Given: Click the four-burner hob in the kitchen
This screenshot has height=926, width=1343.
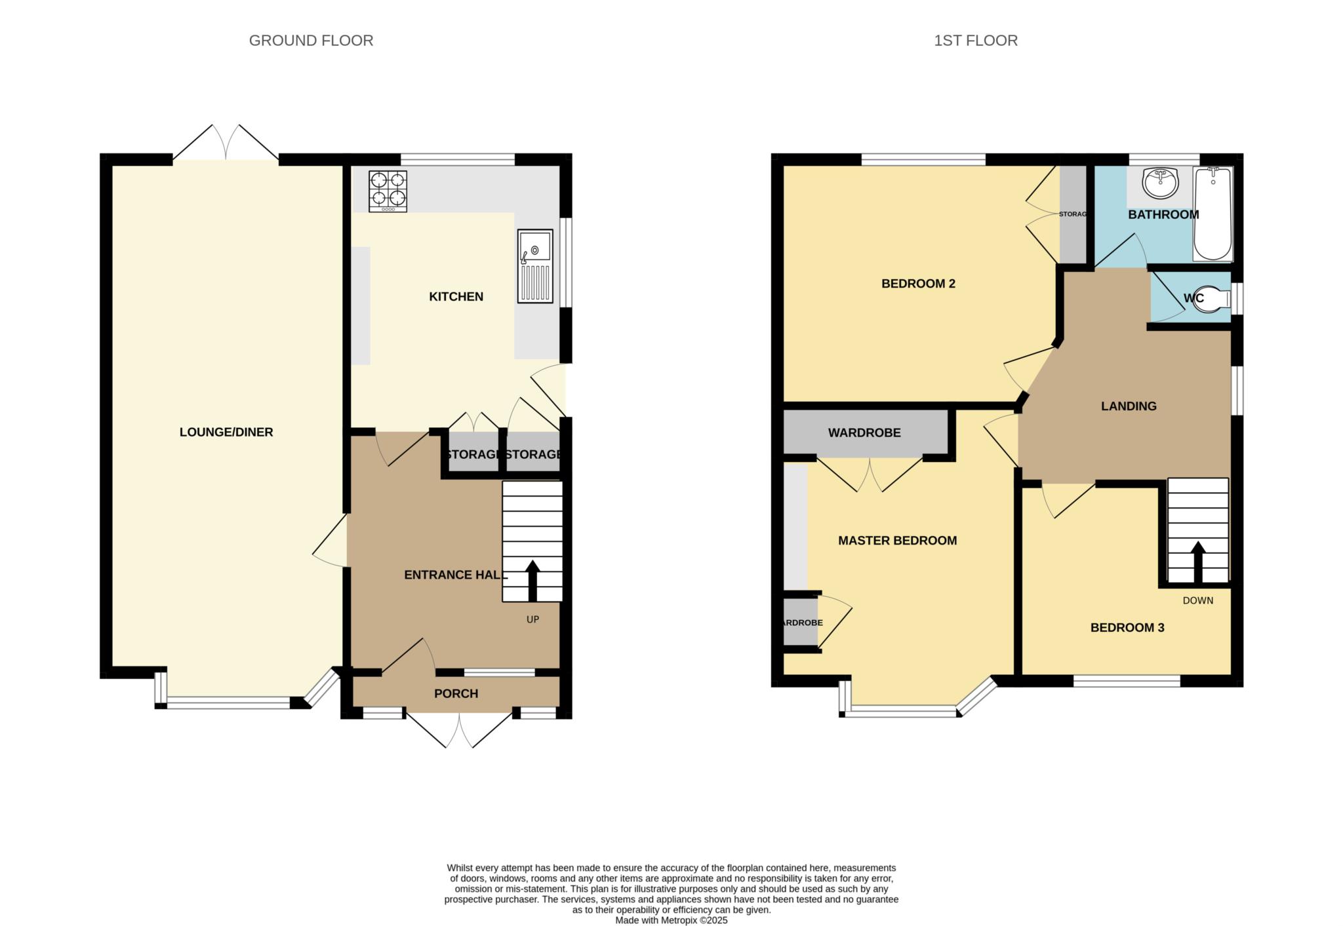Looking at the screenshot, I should tap(388, 190).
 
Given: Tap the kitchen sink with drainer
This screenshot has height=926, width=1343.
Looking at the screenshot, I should tap(534, 265).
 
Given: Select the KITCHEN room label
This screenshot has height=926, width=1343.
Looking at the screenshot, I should tap(456, 297).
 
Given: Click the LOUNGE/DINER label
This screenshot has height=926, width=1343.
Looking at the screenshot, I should tap(226, 432).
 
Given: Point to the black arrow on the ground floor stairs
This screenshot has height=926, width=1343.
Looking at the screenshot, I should tap(532, 579).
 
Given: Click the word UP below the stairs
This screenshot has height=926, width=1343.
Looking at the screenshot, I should tap(532, 619).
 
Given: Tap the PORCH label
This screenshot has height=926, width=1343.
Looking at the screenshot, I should tap(456, 693).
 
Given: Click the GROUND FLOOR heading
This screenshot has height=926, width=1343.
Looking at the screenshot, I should tap(311, 41).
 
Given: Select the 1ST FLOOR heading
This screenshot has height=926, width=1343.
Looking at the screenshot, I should tap(975, 41).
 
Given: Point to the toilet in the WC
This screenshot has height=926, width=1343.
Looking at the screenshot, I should tap(1213, 299).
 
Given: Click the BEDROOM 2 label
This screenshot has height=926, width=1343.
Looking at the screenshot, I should tap(918, 284).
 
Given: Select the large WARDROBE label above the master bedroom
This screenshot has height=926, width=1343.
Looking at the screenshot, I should tap(864, 433).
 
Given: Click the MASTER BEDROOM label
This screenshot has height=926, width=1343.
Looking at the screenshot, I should tap(897, 541).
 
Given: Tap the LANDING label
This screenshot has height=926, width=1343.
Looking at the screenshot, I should tap(1128, 406).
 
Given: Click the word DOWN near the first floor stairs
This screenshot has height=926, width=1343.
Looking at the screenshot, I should tap(1197, 600).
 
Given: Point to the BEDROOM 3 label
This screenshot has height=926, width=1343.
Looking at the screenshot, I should tap(1127, 628).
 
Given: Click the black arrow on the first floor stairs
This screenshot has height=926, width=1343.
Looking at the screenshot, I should tap(1197, 561).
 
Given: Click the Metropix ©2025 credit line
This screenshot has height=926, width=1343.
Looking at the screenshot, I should tap(671, 920).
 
